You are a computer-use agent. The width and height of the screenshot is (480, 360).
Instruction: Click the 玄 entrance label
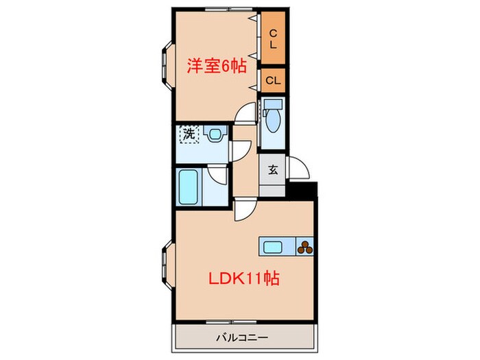272,169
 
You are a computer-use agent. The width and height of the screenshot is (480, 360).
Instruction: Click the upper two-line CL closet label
272,38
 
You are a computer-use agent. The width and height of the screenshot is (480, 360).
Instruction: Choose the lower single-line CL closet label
273,81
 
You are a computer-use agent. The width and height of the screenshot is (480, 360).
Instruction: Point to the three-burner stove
305,248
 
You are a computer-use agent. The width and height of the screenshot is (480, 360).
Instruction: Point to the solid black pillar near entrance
303,189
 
